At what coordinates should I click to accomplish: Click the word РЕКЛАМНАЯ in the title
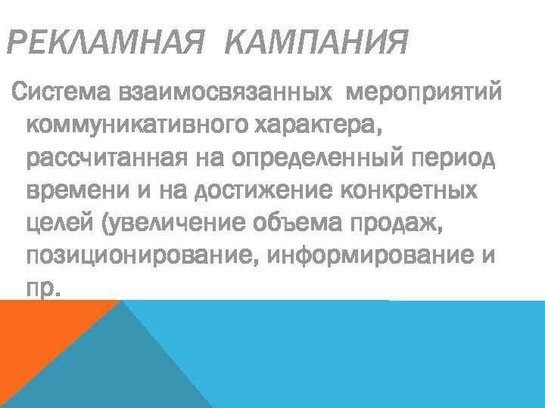pyautogui.click(x=105, y=43)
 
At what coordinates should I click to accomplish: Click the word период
pyautogui.click(x=453, y=159)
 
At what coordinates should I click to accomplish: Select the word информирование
pyautogui.click(x=370, y=256)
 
